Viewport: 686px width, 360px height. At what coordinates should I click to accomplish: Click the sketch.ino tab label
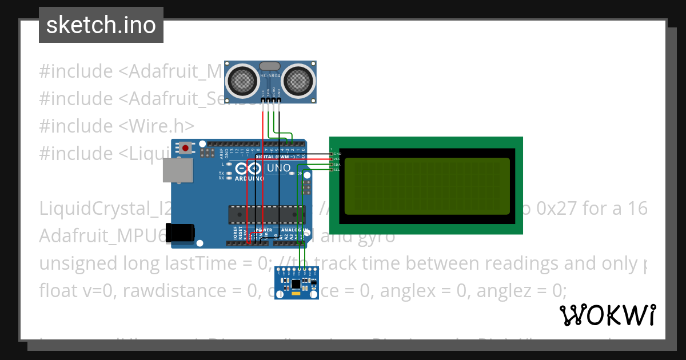[101, 25]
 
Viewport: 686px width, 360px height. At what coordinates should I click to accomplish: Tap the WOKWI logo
[607, 315]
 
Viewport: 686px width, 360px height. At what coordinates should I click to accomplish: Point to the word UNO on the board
[278, 169]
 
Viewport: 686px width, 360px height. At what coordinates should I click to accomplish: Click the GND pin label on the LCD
[337, 154]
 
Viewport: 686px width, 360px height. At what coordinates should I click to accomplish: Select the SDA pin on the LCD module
[337, 165]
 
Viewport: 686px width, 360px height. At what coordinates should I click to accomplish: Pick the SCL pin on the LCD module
[337, 170]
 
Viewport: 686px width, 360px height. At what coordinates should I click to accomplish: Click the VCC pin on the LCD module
[337, 159]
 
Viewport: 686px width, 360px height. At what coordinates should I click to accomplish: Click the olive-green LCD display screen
[426, 186]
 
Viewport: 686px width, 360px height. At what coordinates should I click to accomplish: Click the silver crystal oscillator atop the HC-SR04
[270, 66]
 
